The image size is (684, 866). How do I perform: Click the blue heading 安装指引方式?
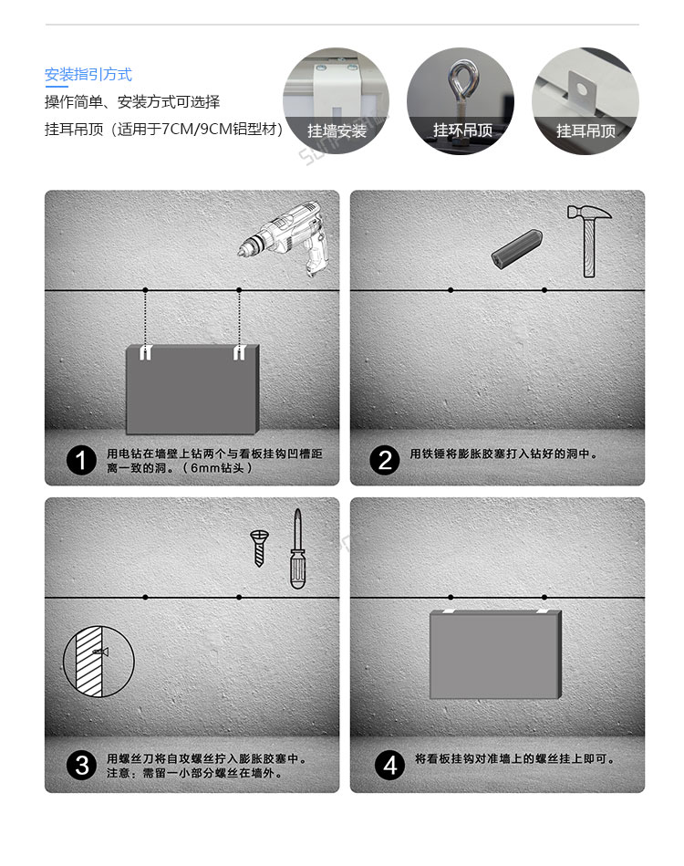[x=88, y=75]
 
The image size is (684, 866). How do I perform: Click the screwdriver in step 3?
[x=297, y=549]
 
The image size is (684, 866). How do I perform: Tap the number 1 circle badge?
[x=81, y=461]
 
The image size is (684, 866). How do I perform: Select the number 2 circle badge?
[x=385, y=461]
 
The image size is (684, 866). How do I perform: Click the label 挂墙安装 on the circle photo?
[x=337, y=131]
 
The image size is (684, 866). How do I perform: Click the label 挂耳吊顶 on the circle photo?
[x=586, y=131]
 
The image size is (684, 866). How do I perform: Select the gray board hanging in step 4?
[x=495, y=654]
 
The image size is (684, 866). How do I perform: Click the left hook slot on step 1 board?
[x=145, y=353]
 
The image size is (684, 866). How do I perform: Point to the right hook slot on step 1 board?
[x=239, y=353]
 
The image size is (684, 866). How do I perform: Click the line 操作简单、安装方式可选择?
[x=132, y=102]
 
